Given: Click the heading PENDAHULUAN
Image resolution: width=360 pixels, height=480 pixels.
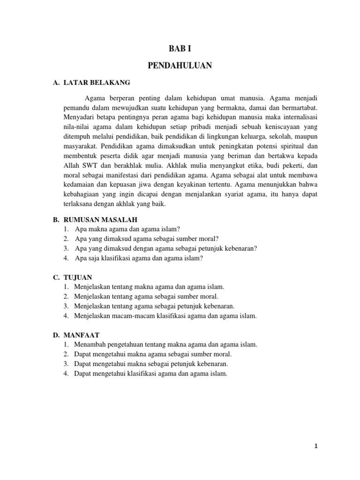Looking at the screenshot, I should (180, 66).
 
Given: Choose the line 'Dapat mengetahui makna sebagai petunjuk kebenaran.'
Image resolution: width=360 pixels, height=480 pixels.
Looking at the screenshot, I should (151, 364).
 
